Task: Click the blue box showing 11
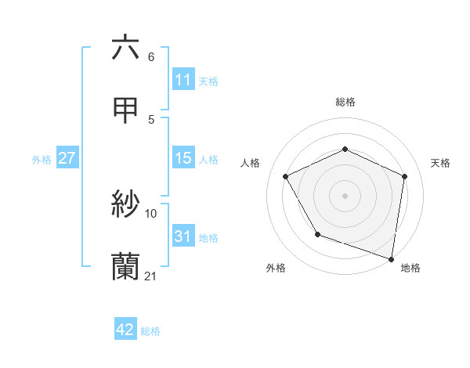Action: (183, 80)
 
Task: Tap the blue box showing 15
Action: (183, 158)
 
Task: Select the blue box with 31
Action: (183, 236)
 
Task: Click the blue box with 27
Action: (67, 158)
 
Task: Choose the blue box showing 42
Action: (125, 330)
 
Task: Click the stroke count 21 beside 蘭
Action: (151, 276)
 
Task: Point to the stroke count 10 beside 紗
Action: (151, 213)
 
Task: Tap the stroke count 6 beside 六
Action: (151, 56)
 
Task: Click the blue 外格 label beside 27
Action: (42, 160)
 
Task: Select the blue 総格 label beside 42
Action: (150, 331)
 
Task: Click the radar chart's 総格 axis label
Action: (345, 102)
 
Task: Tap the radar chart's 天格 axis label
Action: (441, 163)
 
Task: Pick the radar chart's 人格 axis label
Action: (251, 163)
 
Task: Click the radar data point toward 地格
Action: (392, 258)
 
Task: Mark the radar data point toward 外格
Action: (317, 234)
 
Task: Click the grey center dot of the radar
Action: (345, 195)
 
